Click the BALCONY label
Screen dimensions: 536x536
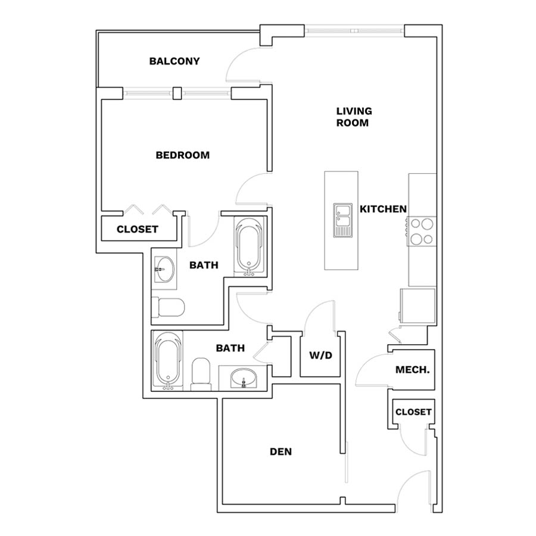coord(174,61)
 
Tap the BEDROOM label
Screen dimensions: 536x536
coord(183,155)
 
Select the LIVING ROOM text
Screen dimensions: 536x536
coord(354,117)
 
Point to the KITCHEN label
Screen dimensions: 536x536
coord(383,209)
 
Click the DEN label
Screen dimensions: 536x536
coord(281,451)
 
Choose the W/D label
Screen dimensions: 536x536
coord(320,356)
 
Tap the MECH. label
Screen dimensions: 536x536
coord(412,369)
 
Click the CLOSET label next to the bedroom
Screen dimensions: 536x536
coord(138,229)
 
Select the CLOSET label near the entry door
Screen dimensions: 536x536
coord(413,412)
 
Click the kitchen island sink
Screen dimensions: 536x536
coord(342,220)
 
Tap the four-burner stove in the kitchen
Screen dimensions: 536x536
coord(422,231)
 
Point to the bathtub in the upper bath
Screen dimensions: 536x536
coord(249,246)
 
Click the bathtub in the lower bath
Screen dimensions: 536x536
coord(167,360)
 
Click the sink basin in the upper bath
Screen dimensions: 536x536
coord(164,269)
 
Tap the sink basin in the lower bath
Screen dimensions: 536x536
coord(244,378)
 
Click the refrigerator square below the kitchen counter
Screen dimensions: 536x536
coord(417,306)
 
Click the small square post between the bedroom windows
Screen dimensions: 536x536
coord(177,94)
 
